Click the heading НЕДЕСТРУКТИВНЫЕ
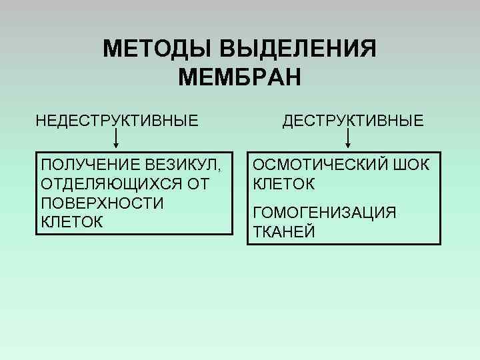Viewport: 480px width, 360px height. point(117,121)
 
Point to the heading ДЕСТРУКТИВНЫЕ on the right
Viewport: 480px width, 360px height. point(353,121)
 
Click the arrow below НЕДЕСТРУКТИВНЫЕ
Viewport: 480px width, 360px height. point(117,139)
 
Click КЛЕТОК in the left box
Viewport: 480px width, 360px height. point(72,222)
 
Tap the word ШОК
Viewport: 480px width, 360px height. point(413,165)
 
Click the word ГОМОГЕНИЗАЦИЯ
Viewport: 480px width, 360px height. point(325,213)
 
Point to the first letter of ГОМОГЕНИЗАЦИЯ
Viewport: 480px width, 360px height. point(258,213)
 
